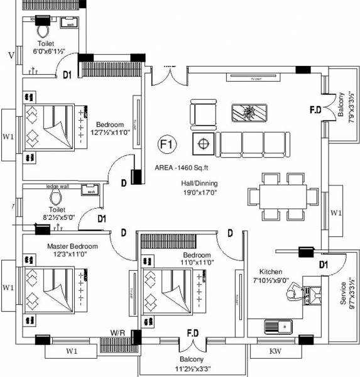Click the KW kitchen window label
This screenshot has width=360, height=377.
click(275, 352)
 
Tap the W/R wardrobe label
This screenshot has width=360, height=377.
click(117, 332)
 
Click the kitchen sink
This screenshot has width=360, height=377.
click(276, 326)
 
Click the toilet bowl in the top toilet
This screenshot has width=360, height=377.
click(43, 30)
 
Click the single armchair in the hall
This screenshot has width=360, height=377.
click(203, 114)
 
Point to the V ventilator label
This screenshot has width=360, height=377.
click(11, 55)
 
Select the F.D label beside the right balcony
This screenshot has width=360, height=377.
click(315, 110)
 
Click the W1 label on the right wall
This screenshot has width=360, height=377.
click(335, 213)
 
